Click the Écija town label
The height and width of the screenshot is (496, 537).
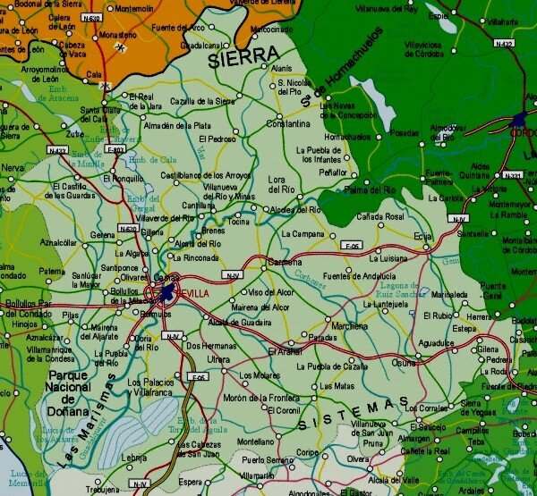click(423, 235)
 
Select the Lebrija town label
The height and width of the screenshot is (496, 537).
click(133, 458)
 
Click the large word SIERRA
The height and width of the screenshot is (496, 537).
click(243, 57)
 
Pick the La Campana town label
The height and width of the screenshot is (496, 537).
click(302, 234)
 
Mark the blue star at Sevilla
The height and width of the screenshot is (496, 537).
click(166, 292)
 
